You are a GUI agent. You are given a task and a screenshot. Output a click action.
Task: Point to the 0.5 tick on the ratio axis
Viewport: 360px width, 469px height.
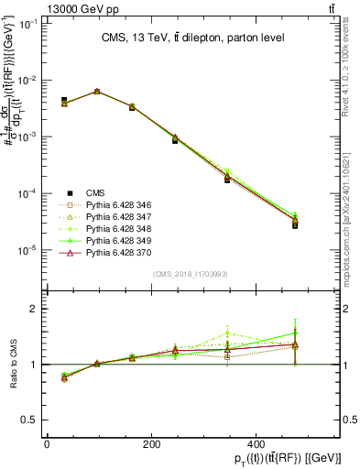tap(31, 420)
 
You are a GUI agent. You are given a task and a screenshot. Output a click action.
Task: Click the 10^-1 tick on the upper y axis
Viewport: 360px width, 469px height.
tap(28, 24)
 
